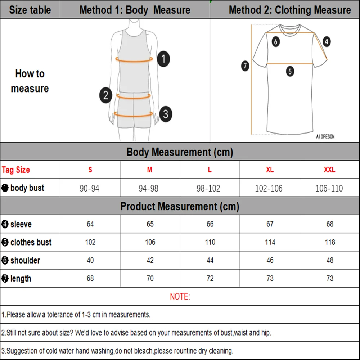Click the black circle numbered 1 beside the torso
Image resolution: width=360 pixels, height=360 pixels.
click(163, 59)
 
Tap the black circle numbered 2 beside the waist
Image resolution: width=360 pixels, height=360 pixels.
click(105, 95)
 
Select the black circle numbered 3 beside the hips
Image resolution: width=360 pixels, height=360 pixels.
click(165, 114)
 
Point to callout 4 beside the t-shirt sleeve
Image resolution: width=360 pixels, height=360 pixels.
click(326, 42)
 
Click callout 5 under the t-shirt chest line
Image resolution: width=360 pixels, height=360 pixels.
click(290, 71)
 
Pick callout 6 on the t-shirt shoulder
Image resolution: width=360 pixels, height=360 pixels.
click(276, 42)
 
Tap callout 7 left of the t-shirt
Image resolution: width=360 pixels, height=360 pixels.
click(245, 66)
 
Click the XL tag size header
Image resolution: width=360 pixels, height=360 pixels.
click(270, 170)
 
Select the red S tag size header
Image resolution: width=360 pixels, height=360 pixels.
click(90, 170)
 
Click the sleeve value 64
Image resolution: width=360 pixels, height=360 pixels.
click(90, 224)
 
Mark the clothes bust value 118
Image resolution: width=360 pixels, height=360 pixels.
click(330, 242)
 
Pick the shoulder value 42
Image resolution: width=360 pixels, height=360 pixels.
click(150, 260)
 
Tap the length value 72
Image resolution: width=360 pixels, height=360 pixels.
click(210, 278)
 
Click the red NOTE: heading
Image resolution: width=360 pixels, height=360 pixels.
click(180, 297)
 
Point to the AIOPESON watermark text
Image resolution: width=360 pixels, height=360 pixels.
click(325, 137)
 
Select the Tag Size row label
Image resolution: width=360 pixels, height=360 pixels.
click(16, 170)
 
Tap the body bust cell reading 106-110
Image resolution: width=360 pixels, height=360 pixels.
click(329, 188)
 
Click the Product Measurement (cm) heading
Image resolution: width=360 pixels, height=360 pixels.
click(180, 206)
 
